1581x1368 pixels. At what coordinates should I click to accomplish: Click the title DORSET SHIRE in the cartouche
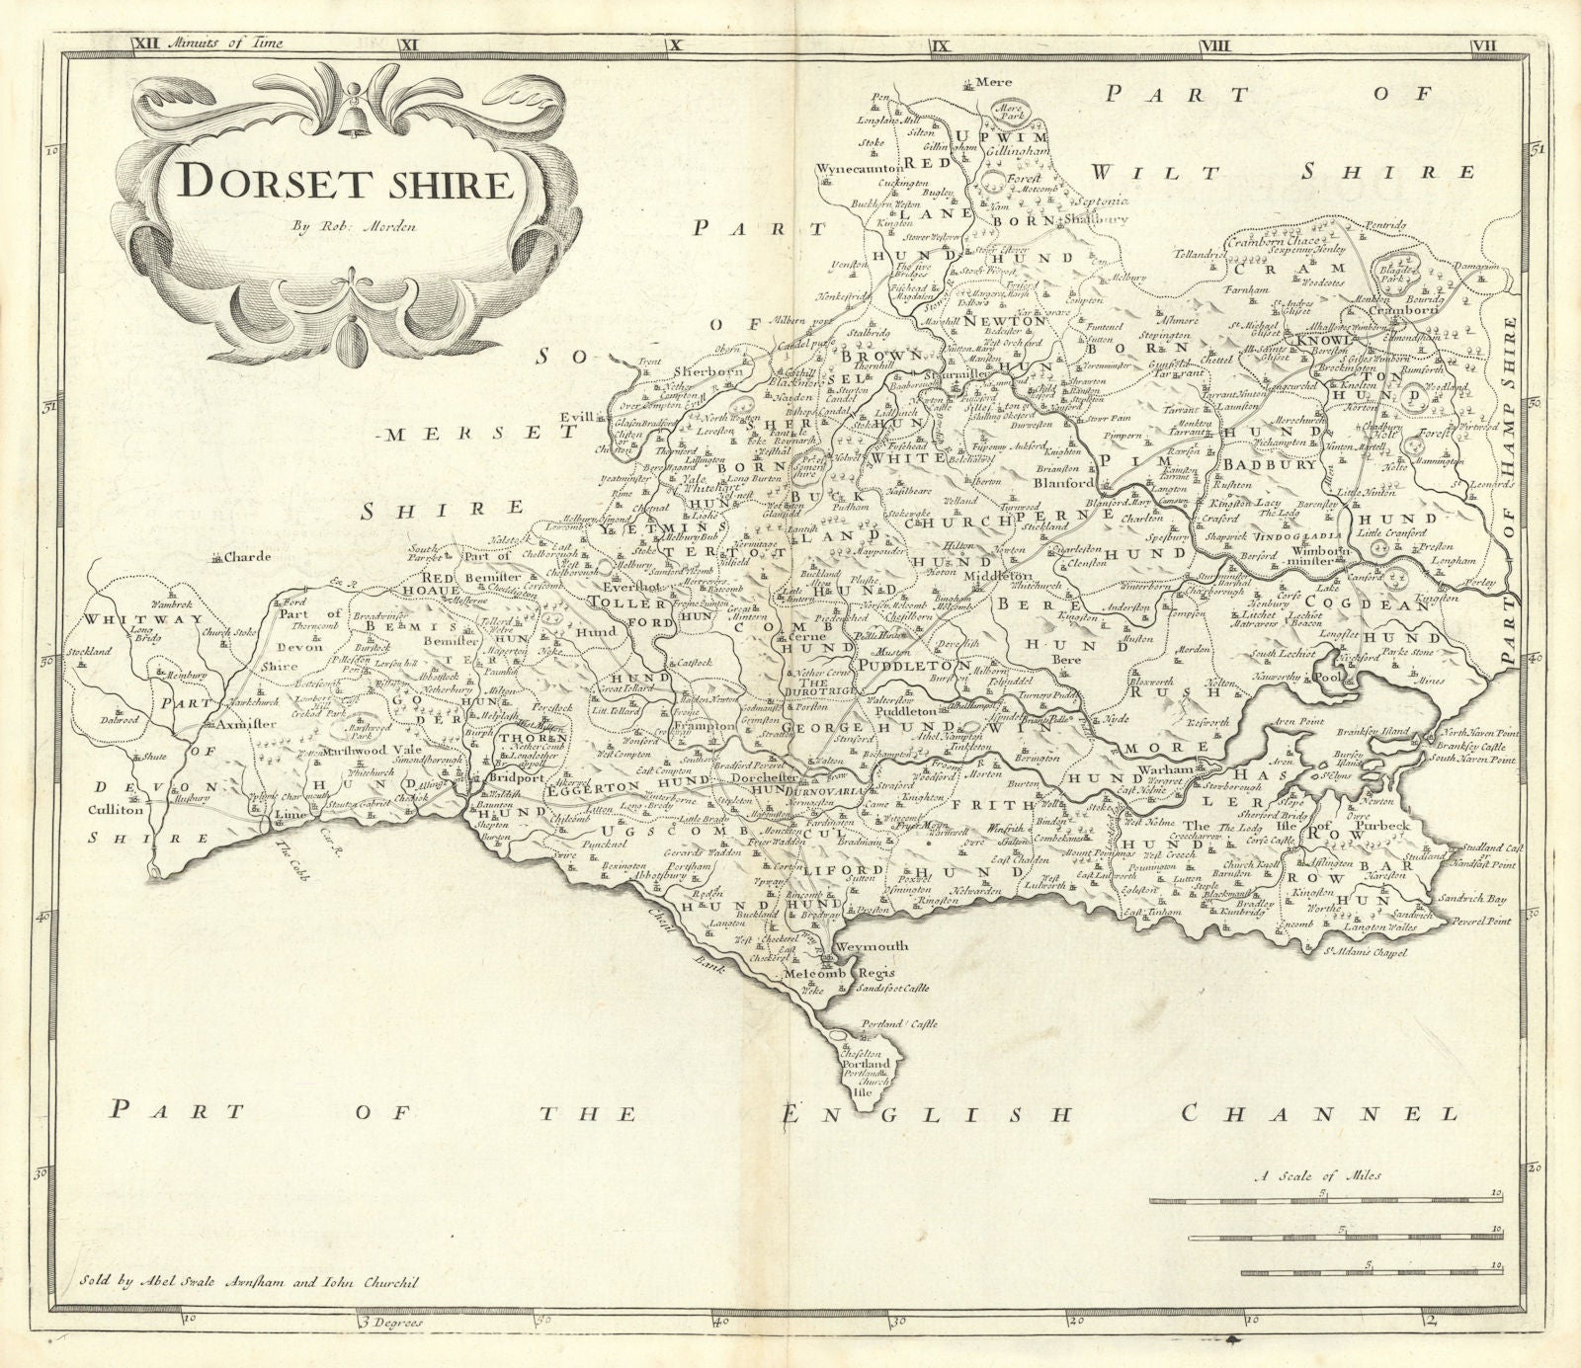[x=334, y=184]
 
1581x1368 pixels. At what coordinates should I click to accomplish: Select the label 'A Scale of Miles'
[x=1319, y=1175]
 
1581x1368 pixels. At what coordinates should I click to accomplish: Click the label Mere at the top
[x=987, y=83]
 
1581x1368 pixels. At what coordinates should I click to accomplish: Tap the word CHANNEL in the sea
[x=1319, y=1113]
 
